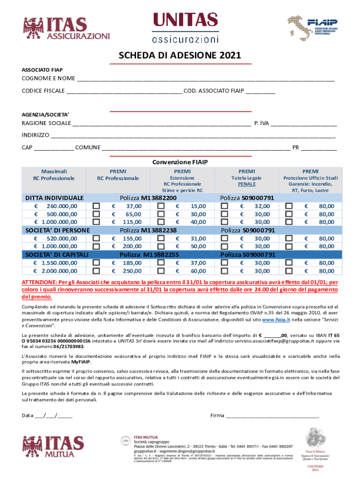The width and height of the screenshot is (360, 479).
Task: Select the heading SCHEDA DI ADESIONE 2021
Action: coord(180,56)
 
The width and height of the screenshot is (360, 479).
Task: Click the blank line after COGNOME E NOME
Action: coord(206,79)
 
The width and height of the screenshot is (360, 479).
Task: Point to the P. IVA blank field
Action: coord(304,124)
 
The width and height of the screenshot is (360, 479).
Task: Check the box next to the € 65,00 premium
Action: coord(97,214)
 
